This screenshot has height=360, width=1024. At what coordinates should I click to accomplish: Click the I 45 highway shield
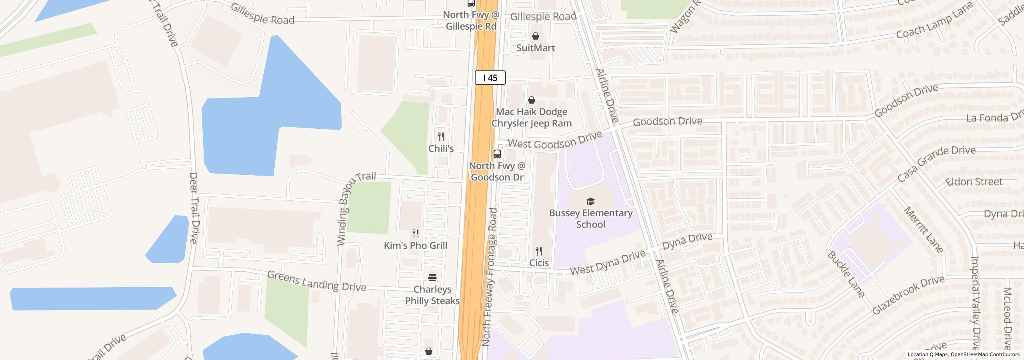click(490, 78)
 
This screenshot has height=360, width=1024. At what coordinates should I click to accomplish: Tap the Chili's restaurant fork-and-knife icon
click(441, 137)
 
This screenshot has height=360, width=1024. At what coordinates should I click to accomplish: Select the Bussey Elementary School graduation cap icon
click(590, 201)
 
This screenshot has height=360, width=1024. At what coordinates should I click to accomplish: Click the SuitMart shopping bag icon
click(536, 36)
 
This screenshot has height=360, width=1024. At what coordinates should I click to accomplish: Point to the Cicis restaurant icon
click(539, 251)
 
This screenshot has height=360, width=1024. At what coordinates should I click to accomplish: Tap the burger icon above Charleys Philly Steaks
click(432, 277)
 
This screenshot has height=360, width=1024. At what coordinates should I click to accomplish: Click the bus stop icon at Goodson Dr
click(497, 154)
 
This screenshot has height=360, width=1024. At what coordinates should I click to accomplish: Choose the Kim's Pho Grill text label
click(416, 246)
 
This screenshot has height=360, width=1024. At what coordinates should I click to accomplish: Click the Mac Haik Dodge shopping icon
click(532, 100)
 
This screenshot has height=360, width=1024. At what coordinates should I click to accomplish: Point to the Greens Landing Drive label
click(316, 281)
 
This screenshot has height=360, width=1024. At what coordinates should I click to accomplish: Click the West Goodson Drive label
click(555, 140)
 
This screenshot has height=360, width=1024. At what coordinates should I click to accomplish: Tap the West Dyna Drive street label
click(608, 262)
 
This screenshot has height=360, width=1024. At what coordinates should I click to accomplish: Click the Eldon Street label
click(974, 182)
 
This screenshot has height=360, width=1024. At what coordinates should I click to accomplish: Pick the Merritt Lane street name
click(923, 230)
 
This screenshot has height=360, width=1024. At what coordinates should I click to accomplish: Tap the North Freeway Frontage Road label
click(490, 277)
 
